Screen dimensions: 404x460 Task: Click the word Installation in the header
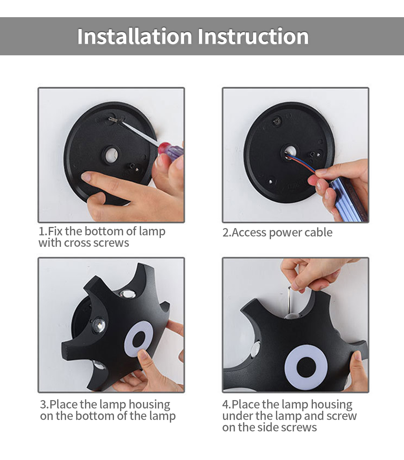pyautogui.click(x=135, y=36)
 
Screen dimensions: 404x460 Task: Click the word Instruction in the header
pyautogui.click(x=253, y=36)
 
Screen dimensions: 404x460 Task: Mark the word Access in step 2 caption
pyautogui.click(x=249, y=233)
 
